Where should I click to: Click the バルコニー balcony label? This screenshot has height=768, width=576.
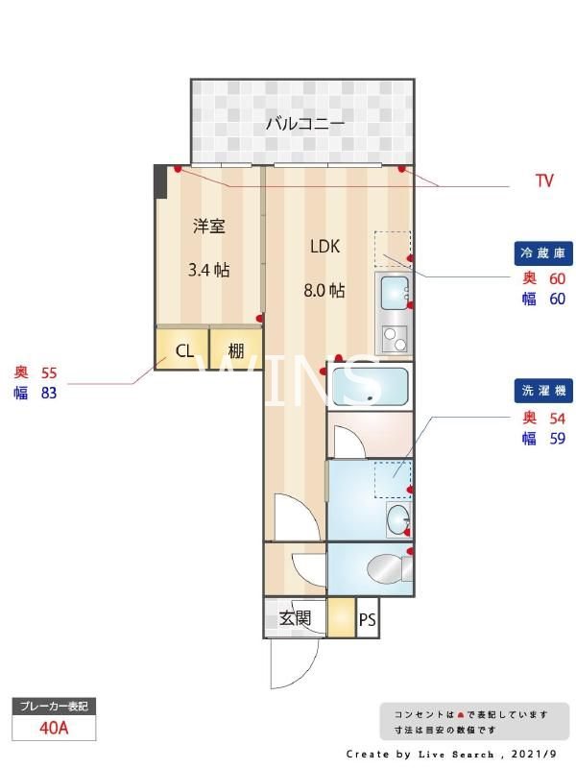(304, 124)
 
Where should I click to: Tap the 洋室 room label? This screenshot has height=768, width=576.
(208, 227)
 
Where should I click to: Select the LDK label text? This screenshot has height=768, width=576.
(324, 247)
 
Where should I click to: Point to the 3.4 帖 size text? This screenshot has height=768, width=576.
(208, 270)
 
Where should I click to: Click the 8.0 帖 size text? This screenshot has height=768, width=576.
(324, 291)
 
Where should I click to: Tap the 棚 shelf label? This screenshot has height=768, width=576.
(236, 350)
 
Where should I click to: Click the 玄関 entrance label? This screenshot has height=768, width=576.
(295, 618)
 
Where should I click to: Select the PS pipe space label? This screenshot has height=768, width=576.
(367, 620)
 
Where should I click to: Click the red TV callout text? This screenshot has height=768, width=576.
(544, 180)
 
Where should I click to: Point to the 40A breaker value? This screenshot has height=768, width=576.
(54, 728)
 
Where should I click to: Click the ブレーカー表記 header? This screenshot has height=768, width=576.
(54, 707)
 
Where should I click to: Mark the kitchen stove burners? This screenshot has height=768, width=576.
(395, 338)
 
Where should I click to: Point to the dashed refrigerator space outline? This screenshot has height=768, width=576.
(392, 248)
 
